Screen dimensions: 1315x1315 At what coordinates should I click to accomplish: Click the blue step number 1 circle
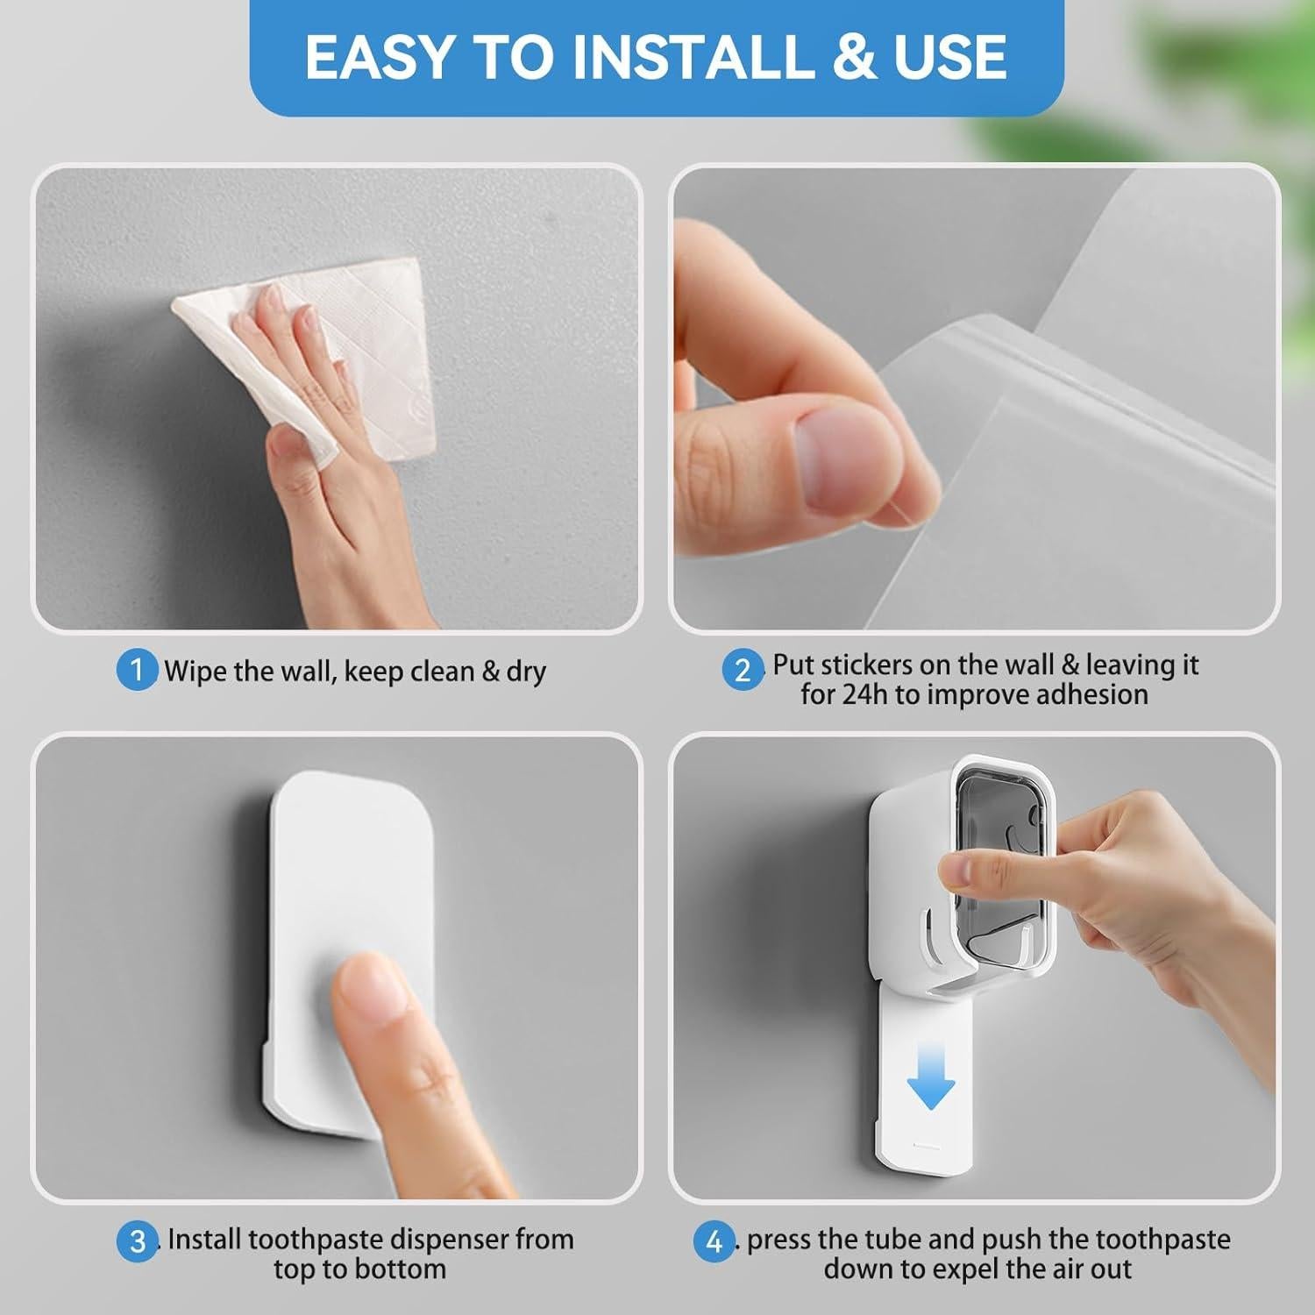point(137,671)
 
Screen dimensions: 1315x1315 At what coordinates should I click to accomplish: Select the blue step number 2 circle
point(743,671)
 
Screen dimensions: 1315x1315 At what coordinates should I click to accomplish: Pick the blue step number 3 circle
point(138,1241)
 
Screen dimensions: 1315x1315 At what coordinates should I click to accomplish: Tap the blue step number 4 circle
point(714,1241)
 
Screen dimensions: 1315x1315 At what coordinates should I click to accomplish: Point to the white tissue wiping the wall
point(368,351)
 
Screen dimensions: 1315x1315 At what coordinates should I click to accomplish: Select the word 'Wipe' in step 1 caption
point(195,672)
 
